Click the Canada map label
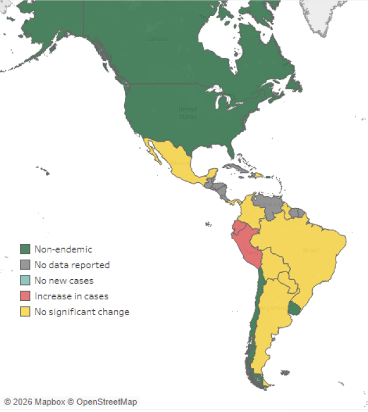157,39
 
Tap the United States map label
188,112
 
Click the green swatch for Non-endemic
25,249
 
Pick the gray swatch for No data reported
25,265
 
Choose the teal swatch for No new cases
25,280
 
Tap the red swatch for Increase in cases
25,296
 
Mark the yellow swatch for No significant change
25,311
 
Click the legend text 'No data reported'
72,265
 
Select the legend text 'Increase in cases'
71,296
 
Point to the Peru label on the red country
251,252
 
